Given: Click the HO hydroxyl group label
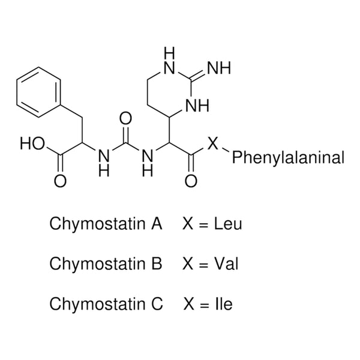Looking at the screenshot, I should tap(31, 144).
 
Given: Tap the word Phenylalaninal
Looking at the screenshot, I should tap(288, 158).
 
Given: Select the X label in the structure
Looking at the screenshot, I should tap(212, 144).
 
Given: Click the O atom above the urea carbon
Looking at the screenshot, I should tap(126, 118).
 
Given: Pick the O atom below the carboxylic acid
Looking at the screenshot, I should tap(61, 181).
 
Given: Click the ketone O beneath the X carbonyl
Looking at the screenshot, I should tap(191, 181).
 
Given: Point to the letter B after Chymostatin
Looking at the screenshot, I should tap(157, 264).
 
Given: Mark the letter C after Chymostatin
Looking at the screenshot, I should tap(157, 304).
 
